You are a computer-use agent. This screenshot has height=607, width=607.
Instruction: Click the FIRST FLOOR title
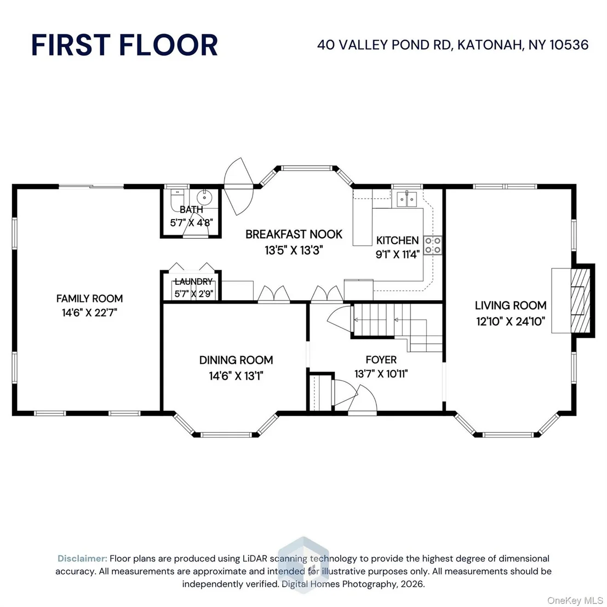pos(124,45)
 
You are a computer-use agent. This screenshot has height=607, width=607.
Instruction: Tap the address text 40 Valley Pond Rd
pos(384,45)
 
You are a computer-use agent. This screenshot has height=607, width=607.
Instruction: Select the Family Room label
pos(89,299)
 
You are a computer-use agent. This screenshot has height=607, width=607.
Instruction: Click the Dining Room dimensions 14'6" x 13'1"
pos(236,375)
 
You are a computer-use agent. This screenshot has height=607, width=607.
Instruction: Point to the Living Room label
pos(511,306)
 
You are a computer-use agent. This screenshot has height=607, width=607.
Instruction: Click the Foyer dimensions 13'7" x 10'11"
pos(381,374)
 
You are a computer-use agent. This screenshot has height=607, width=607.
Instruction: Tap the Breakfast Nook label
pos(294,234)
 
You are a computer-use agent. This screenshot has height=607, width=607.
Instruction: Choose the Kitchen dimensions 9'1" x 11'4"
pos(398,254)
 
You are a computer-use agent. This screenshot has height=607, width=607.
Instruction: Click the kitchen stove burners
pos(433,245)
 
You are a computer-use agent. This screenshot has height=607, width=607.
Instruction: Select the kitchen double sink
pos(406,199)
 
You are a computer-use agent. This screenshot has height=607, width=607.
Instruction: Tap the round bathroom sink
pos(204,197)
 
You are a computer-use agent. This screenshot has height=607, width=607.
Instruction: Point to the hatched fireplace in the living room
pos(580,301)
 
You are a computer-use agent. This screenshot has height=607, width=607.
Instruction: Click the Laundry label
pos(193,282)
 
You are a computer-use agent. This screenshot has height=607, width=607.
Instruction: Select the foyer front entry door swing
pos(362,399)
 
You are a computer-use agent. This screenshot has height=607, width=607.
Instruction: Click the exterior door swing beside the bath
pos(238,187)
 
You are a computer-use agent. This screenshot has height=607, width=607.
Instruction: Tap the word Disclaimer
pos(82,559)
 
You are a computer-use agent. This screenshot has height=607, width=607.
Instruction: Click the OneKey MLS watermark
pos(575,600)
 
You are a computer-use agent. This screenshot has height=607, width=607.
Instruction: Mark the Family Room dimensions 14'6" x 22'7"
pos(89,312)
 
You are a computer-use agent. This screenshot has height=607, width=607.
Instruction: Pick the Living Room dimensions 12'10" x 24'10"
pos(511,322)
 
